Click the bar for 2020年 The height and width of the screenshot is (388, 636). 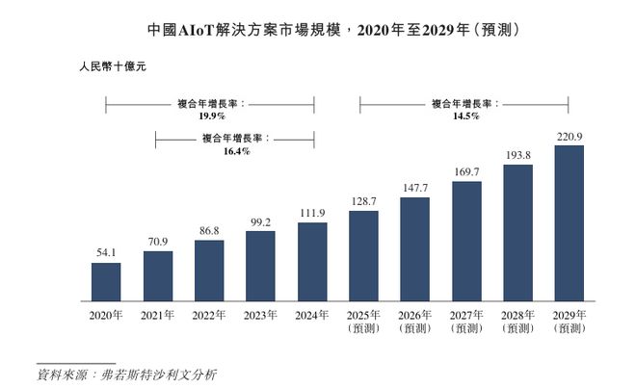[106, 281]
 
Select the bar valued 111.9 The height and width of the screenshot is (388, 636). [312, 261]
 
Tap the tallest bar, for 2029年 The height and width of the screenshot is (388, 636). [570, 222]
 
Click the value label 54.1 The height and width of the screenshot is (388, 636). [106, 253]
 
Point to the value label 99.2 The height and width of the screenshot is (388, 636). [260, 221]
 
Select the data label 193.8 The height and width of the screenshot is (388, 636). [517, 155]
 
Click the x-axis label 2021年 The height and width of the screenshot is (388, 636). [157, 315]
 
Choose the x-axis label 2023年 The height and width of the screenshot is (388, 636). [260, 315]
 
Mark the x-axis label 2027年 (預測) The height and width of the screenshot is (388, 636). [466, 321]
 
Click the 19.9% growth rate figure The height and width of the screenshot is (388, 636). [211, 116]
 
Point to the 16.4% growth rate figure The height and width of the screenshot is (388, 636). [236, 151]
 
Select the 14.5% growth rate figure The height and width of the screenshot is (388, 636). [465, 116]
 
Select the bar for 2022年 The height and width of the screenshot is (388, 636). [209, 271]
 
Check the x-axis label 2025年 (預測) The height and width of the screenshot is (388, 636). [363, 321]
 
